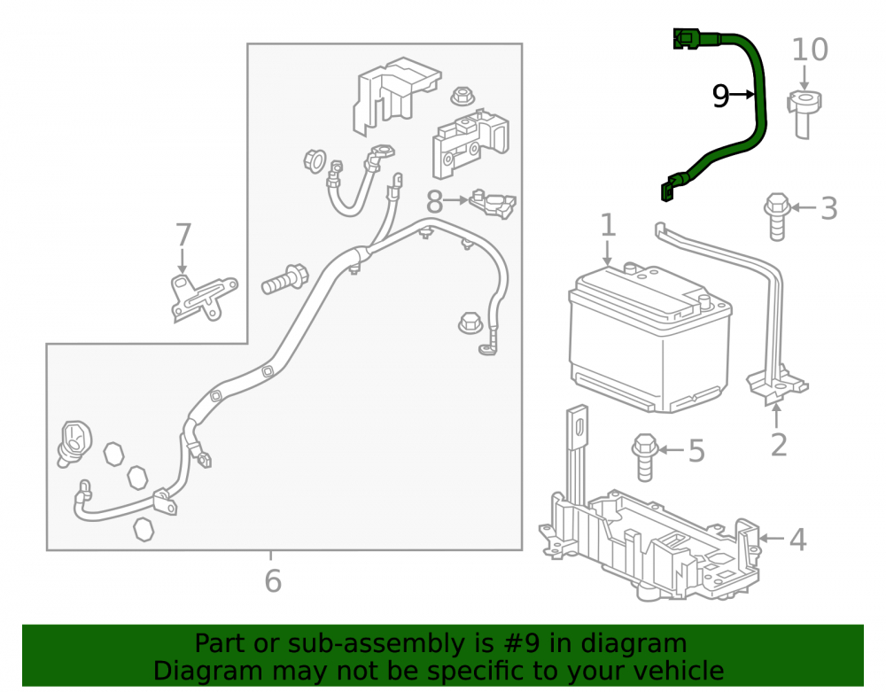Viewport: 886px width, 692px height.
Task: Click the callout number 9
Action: pyautogui.click(x=720, y=96)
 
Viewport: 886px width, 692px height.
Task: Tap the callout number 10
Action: pyautogui.click(x=810, y=50)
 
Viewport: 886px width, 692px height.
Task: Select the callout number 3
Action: pyautogui.click(x=828, y=208)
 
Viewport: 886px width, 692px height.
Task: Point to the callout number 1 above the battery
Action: pyautogui.click(x=608, y=225)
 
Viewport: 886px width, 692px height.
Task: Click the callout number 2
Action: pyautogui.click(x=779, y=445)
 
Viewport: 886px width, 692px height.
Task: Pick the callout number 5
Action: pyautogui.click(x=696, y=451)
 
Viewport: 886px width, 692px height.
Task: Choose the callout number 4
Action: pyautogui.click(x=797, y=540)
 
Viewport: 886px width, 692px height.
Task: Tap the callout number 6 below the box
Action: pyautogui.click(x=273, y=580)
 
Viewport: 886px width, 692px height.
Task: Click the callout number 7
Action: pyautogui.click(x=183, y=235)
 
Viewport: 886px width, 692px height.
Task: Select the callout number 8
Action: pyautogui.click(x=434, y=202)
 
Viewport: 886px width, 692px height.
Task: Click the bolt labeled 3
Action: pyautogui.click(x=777, y=217)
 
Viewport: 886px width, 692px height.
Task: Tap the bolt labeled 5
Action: pyautogui.click(x=645, y=457)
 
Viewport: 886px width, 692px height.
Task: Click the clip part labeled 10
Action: pyautogui.click(x=804, y=114)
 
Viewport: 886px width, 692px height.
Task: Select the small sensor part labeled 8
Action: pyautogui.click(x=493, y=204)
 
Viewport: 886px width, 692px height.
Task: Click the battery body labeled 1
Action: pyautogui.click(x=649, y=339)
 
